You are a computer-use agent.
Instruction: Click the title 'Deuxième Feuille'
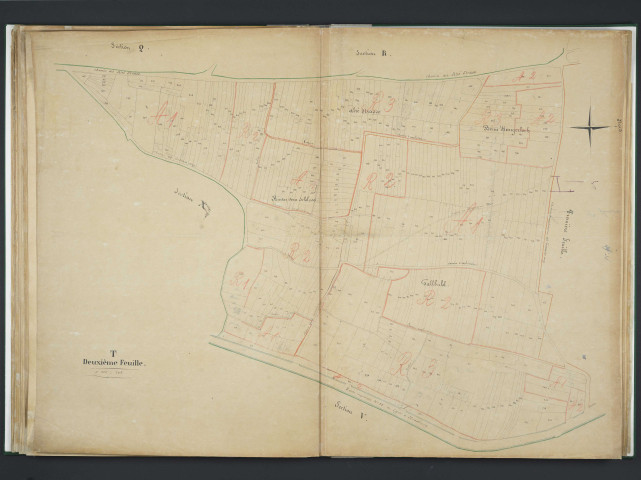point(114,363)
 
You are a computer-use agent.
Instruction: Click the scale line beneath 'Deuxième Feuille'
point(114,378)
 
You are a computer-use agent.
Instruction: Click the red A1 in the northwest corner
point(170,120)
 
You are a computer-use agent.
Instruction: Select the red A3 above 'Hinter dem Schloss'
point(305,181)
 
